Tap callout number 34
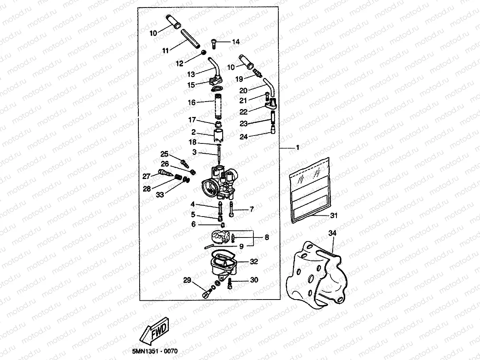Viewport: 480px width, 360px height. pos(332,234)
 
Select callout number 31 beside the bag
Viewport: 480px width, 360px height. pos(334,216)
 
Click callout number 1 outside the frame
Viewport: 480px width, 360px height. pos(297,148)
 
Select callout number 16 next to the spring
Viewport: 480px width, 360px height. pos(192,102)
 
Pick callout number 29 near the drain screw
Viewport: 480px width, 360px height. pos(187,281)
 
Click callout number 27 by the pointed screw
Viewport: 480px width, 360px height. pos(146,176)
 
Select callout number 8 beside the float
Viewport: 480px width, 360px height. pos(266,237)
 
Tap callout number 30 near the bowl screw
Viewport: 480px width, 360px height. pos(254,280)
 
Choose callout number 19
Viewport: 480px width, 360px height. pos(239,79)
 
